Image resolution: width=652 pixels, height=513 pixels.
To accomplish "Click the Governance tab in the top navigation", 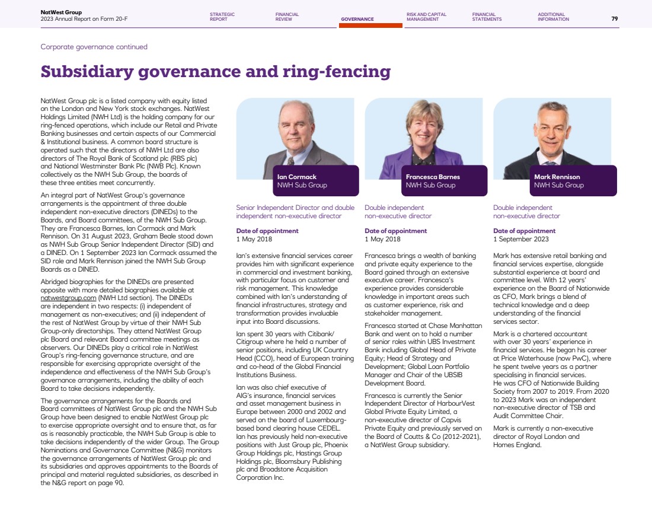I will click(x=357, y=19).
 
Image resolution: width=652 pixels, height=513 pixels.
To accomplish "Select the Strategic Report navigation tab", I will click(x=222, y=17).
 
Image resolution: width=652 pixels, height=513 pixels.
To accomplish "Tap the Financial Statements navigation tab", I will click(x=487, y=17).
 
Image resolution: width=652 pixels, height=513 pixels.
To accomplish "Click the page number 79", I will click(x=614, y=19).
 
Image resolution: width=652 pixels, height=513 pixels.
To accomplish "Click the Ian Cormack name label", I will click(x=297, y=177).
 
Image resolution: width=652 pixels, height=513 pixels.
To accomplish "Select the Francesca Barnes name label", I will click(x=433, y=177).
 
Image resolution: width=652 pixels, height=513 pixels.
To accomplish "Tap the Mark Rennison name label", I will click(x=557, y=177).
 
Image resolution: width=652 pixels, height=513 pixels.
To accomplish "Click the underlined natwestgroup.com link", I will click(x=68, y=298).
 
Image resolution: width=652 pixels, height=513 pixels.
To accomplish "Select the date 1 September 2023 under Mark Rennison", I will click(x=521, y=240).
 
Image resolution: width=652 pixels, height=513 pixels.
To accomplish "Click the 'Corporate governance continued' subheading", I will click(x=94, y=47).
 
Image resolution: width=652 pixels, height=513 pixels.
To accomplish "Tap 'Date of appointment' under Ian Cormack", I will click(x=267, y=231).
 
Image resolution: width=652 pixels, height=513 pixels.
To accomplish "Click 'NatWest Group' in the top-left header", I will click(x=61, y=12).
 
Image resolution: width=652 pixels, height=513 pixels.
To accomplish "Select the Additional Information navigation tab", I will click(x=553, y=17).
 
